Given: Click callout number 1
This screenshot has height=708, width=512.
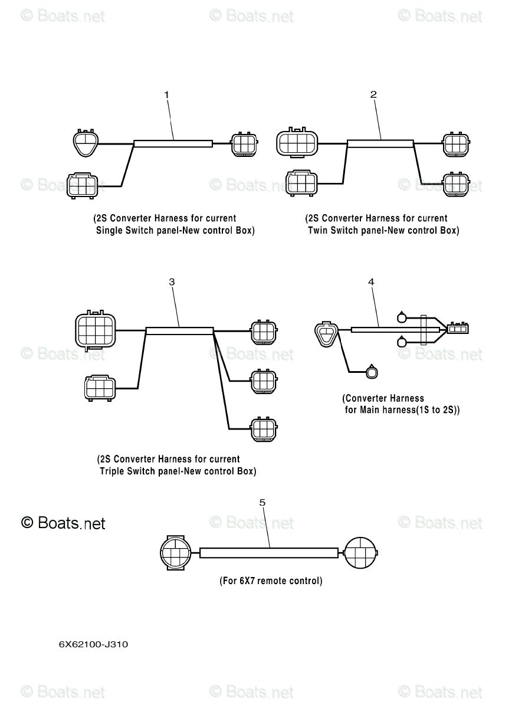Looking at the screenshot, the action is [x=166, y=95].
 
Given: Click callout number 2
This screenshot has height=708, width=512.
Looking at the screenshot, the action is [x=373, y=94].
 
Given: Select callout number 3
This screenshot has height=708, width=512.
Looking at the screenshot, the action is [x=172, y=282].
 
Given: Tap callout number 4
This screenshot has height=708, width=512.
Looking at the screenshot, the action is [x=372, y=282].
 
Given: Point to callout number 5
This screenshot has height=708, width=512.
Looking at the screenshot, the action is [x=262, y=503].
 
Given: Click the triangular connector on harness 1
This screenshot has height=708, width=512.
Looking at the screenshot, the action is [x=86, y=143].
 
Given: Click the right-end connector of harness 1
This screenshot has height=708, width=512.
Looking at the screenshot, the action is [x=244, y=144].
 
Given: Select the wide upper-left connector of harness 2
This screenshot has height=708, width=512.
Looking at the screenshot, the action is [x=297, y=143].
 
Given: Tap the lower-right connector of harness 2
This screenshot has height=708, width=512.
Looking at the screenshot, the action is [x=456, y=184].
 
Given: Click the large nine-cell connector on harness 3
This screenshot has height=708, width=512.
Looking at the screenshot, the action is [x=95, y=330].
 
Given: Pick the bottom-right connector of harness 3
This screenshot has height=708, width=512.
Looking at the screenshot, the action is [x=264, y=430].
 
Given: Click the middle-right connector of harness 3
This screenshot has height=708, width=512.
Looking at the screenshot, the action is [x=264, y=381].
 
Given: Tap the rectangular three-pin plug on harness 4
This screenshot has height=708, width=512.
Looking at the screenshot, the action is [x=458, y=329].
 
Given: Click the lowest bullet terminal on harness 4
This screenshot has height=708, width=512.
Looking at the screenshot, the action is [x=372, y=373].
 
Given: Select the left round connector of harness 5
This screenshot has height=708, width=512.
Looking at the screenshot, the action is [x=175, y=553].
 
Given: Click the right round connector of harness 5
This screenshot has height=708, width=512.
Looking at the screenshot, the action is [x=360, y=553].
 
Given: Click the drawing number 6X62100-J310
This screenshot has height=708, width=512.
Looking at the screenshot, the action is [x=94, y=645].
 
